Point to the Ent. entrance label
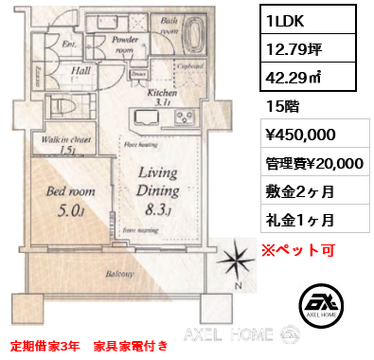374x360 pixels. coord(69,43)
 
